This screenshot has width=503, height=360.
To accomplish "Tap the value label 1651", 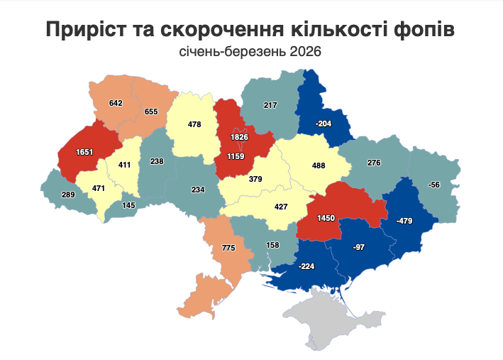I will click(x=75, y=151).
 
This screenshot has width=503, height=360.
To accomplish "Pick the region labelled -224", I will click(x=306, y=266).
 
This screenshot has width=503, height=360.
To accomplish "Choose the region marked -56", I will click(x=435, y=185).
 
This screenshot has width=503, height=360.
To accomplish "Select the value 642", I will click(x=116, y=103).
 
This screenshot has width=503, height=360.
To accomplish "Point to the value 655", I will click(x=151, y=111).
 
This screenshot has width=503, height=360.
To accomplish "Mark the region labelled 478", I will click(x=194, y=124).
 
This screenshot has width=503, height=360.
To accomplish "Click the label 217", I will click(x=270, y=105).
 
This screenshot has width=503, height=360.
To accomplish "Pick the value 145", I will click(x=128, y=205).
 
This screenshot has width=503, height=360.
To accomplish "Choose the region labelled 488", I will click(x=319, y=165).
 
